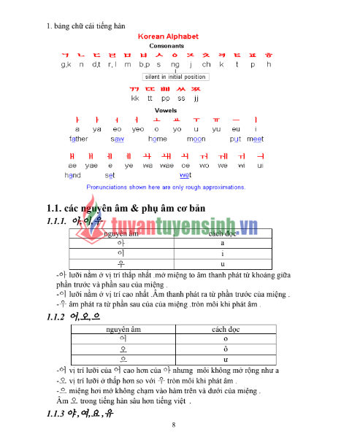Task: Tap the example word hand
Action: [72, 175]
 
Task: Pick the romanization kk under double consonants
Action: [135, 97]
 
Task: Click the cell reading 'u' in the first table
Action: [223, 263]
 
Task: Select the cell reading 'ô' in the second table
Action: [226, 349]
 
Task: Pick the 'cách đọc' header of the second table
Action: [226, 330]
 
